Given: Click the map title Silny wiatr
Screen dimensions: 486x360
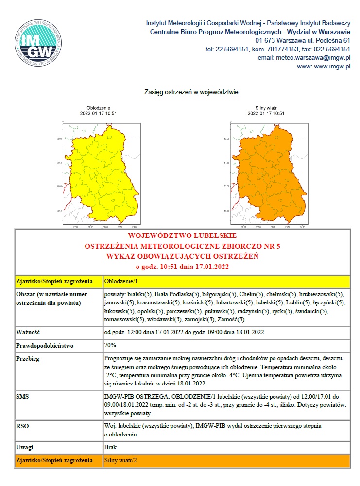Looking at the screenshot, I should pyautogui.click(x=266, y=108).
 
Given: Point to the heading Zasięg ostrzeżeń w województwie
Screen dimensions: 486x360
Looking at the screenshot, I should pyautogui.click(x=191, y=91).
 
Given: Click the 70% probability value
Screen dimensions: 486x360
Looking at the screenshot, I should pyautogui.click(x=110, y=346).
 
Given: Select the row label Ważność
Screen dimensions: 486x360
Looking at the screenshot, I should pyautogui.click(x=28, y=333).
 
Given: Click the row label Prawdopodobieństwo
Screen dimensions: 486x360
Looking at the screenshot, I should pyautogui.click(x=44, y=346).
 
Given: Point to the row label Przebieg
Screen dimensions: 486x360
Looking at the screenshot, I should pyautogui.click(x=28, y=359).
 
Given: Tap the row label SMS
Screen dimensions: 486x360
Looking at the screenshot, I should pyautogui.click(x=22, y=397).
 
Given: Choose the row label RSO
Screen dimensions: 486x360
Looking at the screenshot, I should pyautogui.click(x=22, y=426).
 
